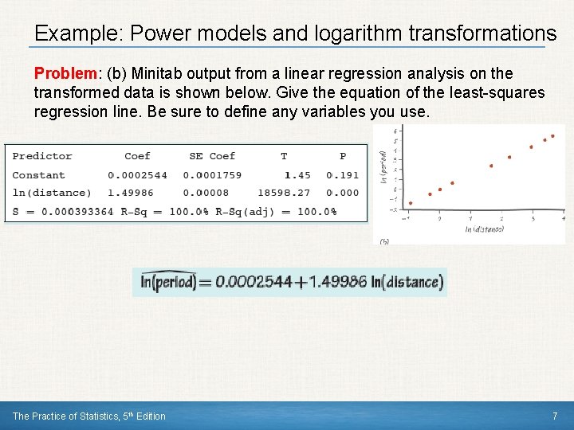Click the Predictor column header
(x=42, y=156)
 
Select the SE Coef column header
(x=212, y=156)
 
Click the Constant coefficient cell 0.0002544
(x=137, y=175)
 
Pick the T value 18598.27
(x=284, y=193)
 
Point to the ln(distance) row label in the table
(x=52, y=193)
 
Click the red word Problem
(x=64, y=73)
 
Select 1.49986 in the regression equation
(x=339, y=282)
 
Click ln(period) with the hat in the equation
(x=168, y=282)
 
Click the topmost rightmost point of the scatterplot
(x=553, y=137)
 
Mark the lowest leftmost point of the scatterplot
(x=410, y=202)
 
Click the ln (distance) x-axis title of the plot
(x=483, y=229)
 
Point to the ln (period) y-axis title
(x=385, y=168)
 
